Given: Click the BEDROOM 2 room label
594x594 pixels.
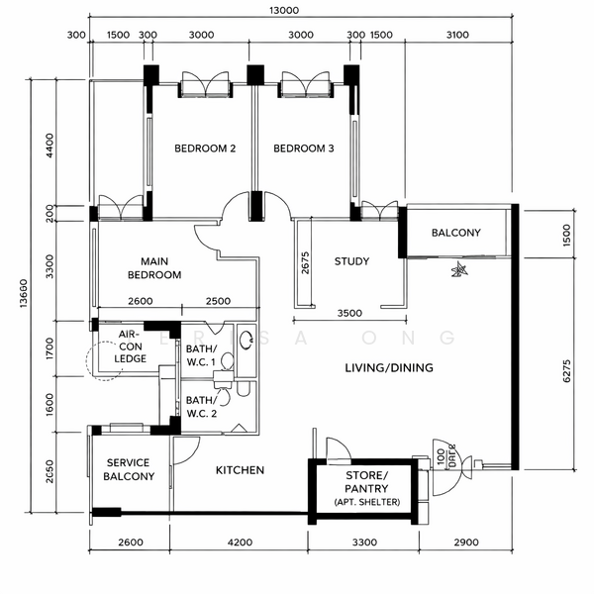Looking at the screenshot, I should [205, 149].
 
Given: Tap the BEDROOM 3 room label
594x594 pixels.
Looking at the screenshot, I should [303, 149].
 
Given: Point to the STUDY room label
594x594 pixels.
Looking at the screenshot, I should [351, 262].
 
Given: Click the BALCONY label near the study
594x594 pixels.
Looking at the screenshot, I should [455, 234].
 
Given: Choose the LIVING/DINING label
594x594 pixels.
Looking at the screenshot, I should [389, 368].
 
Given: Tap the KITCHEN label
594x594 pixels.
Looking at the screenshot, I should [240, 470].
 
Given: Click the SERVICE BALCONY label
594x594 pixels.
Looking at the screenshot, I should [129, 469].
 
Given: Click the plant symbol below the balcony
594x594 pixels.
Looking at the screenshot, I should [458, 269].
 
